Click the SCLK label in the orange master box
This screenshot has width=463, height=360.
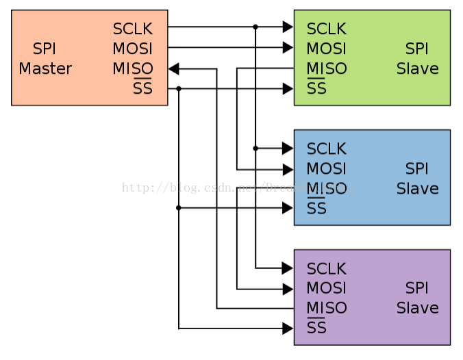coord(132,29)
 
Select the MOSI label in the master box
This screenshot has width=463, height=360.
coord(132,49)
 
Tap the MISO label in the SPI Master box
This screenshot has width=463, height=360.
coord(132,69)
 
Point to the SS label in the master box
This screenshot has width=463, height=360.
coord(142,89)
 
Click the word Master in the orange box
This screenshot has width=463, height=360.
coord(45,69)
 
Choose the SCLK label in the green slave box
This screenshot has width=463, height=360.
coord(326,29)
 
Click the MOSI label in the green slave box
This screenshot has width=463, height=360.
coord(326,49)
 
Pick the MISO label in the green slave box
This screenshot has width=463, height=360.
coord(326,69)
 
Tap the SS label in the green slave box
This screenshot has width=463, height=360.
coord(316,89)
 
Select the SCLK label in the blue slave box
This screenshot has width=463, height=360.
coord(326,149)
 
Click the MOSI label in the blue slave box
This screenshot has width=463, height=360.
coord(326,169)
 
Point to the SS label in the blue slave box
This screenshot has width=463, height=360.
coord(316,209)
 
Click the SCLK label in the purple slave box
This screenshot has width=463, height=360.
coord(326,268)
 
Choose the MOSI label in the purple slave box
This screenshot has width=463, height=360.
coord(326,288)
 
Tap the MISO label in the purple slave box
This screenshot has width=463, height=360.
coord(326,308)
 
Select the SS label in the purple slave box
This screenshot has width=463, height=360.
coord(316,329)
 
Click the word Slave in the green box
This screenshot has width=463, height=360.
coord(417,69)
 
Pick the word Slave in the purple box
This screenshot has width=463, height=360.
coord(417,308)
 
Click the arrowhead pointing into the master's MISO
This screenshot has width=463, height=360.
coord(173,68)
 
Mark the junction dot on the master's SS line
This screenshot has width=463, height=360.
coord(179,88)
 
